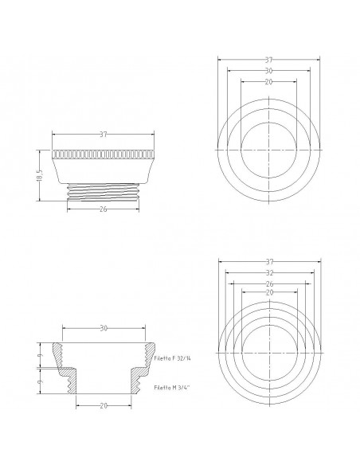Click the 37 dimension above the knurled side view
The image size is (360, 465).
103,135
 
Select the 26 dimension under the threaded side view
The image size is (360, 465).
103,209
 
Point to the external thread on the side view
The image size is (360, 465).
103,192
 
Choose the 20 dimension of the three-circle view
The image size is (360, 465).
270,81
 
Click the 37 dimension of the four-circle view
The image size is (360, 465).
270,260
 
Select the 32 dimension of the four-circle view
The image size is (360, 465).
270,272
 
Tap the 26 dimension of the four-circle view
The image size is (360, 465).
270,283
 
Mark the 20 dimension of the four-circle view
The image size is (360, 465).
270,294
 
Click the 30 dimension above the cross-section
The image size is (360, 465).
103,328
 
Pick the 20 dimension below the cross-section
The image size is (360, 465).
103,405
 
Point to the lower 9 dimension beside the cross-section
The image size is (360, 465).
39,382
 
